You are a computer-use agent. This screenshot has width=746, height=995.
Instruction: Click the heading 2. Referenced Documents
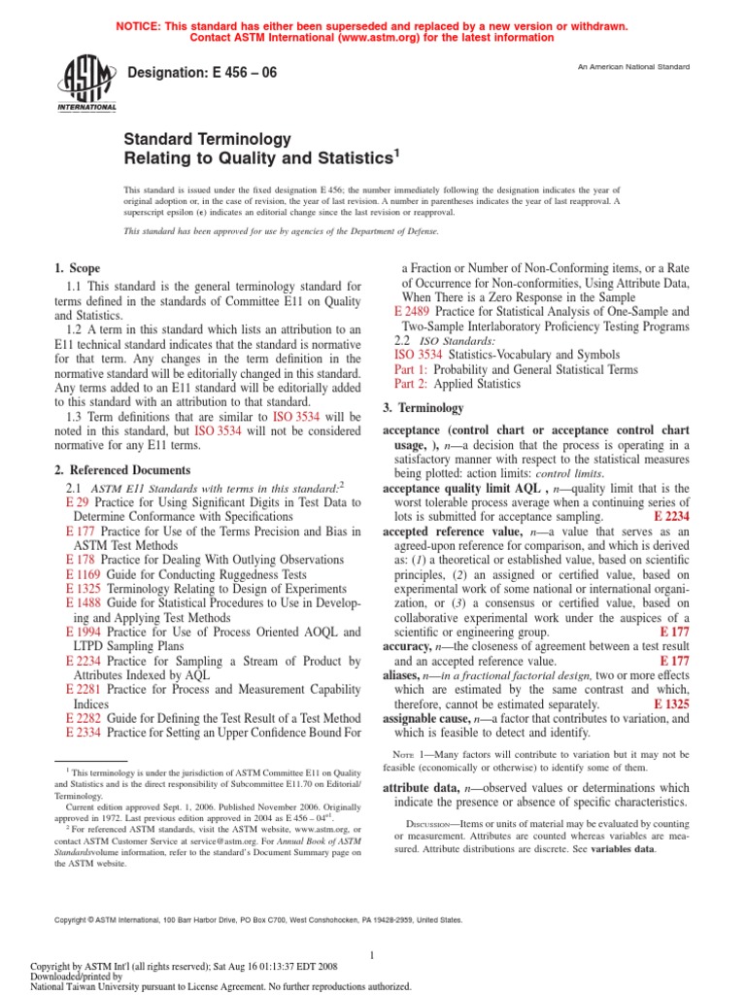121,470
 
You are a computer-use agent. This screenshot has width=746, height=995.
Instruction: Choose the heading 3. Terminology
423,408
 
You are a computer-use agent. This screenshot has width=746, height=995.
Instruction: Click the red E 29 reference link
77,502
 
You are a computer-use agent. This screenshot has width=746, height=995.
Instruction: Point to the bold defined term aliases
406,675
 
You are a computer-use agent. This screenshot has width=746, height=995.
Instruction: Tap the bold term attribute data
425,787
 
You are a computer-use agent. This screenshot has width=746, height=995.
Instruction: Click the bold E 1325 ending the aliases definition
671,703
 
